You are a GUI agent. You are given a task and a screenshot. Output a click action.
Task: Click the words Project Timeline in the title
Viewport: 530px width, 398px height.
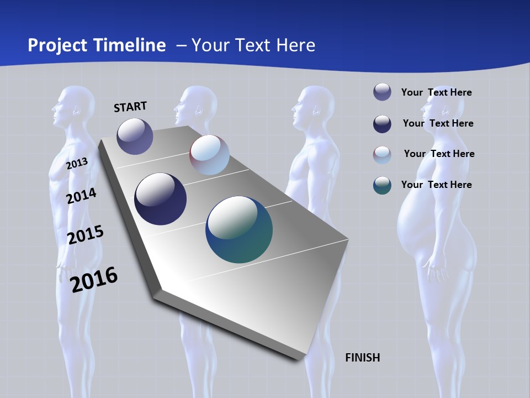[97, 45]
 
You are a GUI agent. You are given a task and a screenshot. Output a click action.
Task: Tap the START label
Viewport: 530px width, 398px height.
[130, 107]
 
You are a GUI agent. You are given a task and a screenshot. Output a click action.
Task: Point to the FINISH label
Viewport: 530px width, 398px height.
[362, 358]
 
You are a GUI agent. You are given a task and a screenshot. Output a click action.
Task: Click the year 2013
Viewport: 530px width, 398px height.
[77, 164]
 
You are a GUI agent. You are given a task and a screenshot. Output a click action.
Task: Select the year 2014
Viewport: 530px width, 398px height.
[81, 196]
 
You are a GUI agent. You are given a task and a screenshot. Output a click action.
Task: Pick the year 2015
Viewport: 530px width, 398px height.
[85, 234]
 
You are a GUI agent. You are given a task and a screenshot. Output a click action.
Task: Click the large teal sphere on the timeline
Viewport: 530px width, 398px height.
[239, 229]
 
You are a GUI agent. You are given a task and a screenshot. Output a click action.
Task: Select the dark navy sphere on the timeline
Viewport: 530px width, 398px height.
[160, 199]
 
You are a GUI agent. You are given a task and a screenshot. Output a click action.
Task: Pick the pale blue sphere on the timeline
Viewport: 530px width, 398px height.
[209, 155]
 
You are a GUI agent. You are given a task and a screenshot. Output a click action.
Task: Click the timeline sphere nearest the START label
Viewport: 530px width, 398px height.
[135, 136]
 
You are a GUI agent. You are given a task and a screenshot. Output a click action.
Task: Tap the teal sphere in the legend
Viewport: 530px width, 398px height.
[382, 185]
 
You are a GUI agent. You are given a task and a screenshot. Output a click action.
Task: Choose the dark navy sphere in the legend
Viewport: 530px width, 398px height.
[382, 124]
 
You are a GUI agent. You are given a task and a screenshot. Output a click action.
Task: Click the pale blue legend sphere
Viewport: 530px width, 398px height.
[382, 155]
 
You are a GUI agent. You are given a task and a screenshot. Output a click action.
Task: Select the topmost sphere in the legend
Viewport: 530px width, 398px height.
[382, 92]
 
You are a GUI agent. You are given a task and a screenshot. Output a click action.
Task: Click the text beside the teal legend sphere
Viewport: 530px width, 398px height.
[436, 185]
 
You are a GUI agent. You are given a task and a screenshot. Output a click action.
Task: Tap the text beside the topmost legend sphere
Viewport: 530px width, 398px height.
[436, 92]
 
